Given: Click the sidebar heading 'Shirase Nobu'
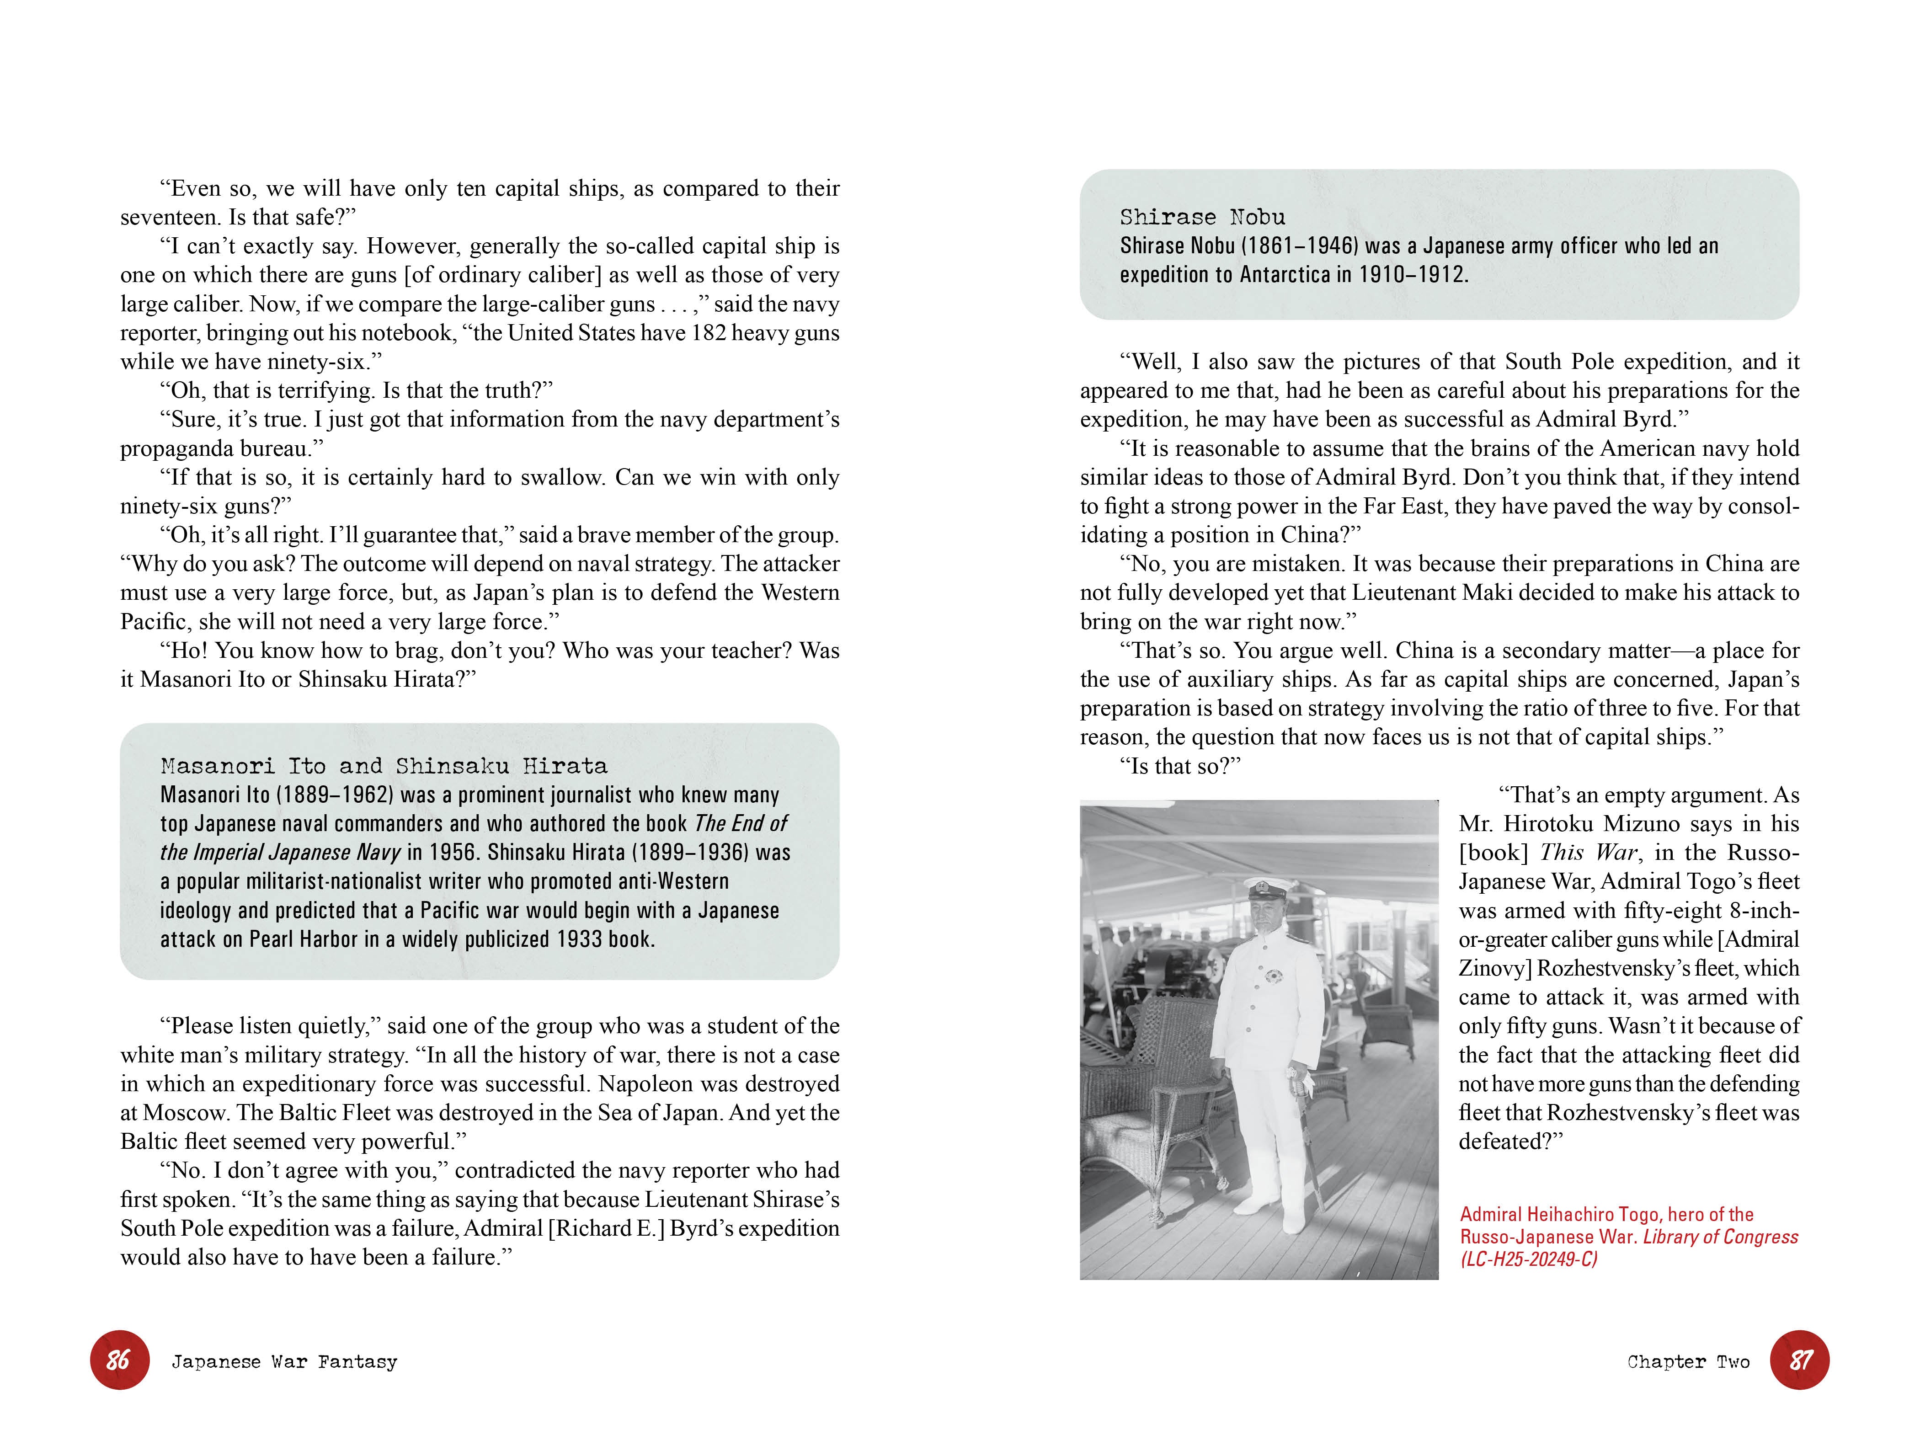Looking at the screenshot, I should (1202, 217).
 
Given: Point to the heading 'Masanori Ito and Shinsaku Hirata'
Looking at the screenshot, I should (384, 766).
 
